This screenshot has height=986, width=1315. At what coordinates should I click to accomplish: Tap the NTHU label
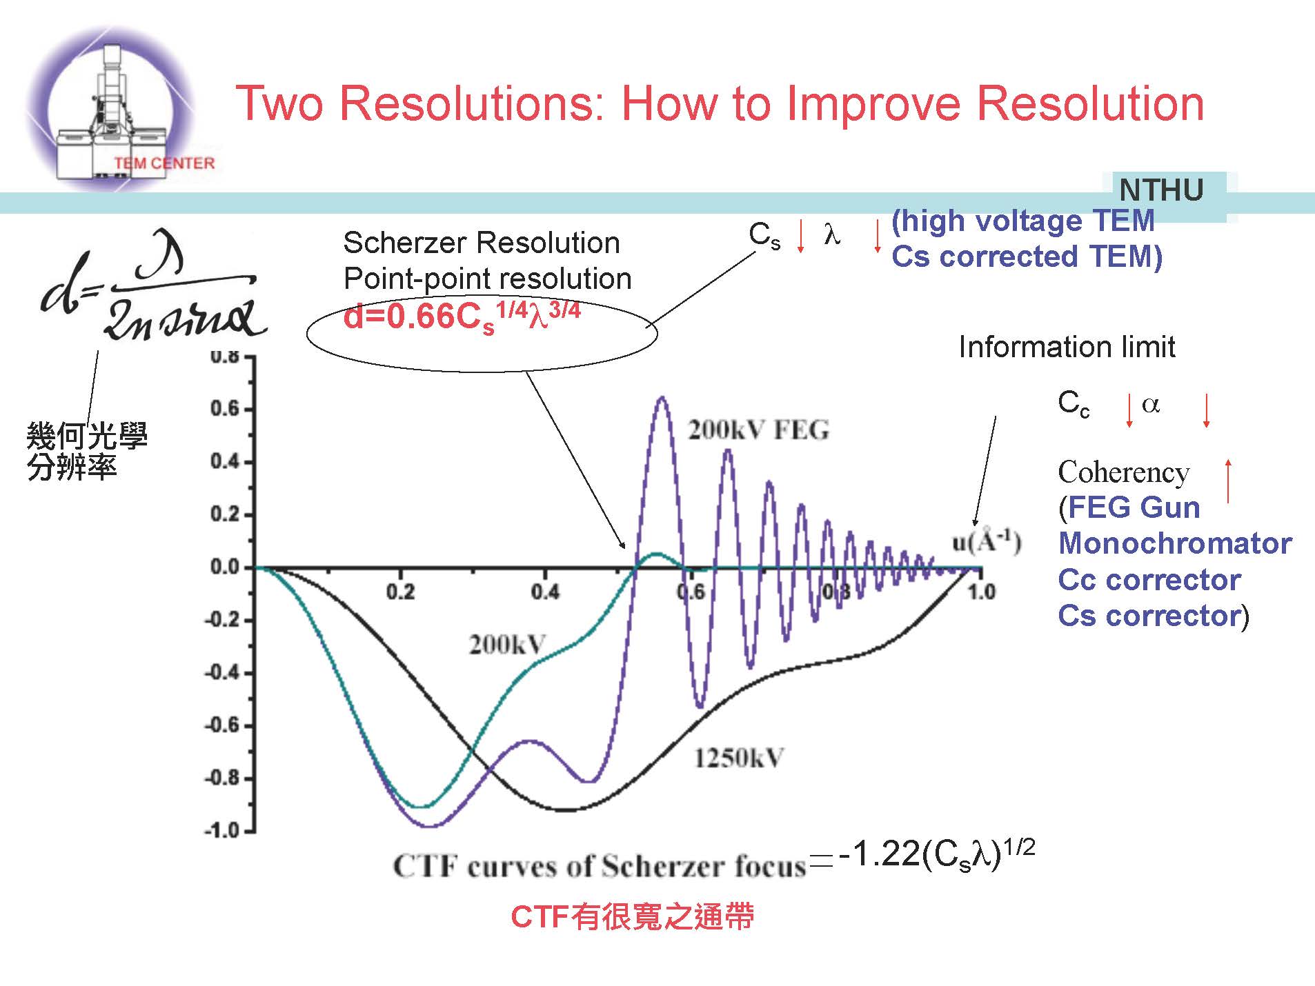coord(1161,190)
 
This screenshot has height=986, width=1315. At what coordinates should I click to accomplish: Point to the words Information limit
coord(1067,347)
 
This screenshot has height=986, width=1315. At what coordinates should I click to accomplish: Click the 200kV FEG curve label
coord(758,430)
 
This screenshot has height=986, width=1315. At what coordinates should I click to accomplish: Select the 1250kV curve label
coord(738,758)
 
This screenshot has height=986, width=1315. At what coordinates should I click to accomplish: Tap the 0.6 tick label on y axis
coord(224,409)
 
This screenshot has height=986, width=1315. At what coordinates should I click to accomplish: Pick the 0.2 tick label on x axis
coord(400,592)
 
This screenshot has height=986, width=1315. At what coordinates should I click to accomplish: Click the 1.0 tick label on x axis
coord(980,592)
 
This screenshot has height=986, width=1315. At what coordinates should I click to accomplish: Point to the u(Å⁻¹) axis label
coord(986,543)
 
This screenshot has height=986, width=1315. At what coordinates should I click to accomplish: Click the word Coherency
coord(1123,472)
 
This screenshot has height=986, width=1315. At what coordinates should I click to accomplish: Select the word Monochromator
coord(1175,543)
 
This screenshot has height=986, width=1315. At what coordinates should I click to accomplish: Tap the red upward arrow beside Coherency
coord(1228,480)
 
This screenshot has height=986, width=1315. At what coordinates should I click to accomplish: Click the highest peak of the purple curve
coord(662,398)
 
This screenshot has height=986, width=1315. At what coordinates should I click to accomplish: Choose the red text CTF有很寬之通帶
coord(632,917)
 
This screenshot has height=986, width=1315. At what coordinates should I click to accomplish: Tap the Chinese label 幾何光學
coord(87,436)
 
